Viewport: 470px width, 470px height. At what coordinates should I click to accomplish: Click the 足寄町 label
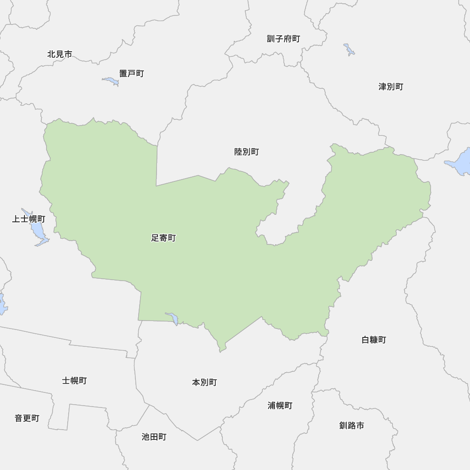click(163, 238)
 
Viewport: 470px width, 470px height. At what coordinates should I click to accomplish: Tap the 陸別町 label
click(246, 152)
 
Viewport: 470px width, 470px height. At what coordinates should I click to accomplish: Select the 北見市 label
click(60, 54)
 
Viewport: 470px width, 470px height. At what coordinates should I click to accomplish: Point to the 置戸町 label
click(131, 73)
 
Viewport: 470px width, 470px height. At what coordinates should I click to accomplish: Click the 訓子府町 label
click(283, 39)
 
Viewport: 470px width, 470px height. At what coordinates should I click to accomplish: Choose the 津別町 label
click(391, 86)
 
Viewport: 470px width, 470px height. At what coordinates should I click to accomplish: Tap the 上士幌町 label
click(29, 219)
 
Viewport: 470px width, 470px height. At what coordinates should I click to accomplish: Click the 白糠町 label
click(374, 339)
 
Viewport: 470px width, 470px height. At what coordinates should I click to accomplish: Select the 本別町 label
click(204, 382)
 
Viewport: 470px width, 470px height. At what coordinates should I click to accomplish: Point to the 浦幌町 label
click(280, 405)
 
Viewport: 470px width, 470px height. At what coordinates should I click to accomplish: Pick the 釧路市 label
click(352, 425)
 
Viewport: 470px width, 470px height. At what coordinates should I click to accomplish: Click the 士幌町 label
click(74, 380)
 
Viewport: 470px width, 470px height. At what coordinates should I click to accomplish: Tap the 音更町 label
click(27, 418)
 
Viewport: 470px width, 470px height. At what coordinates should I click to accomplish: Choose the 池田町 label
click(154, 437)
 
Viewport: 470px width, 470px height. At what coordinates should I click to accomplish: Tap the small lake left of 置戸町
click(111, 81)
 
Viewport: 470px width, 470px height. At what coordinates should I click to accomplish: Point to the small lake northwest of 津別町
click(349, 49)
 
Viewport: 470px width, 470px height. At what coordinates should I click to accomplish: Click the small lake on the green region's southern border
click(172, 318)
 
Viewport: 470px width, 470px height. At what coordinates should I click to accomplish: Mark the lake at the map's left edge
click(2, 304)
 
